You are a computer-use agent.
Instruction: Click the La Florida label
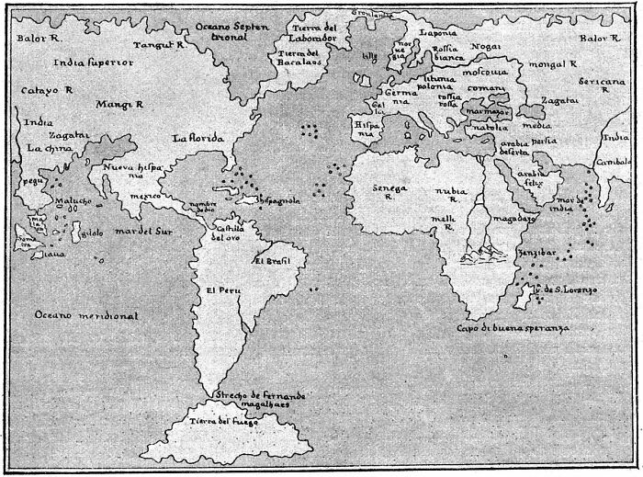[x=198, y=138]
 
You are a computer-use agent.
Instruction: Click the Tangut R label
[x=161, y=44]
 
